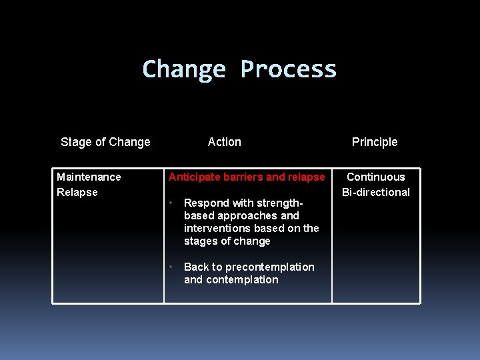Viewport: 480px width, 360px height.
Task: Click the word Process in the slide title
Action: click(288, 70)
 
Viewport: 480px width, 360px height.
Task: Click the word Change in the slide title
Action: click(184, 70)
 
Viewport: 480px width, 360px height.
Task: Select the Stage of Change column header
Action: click(105, 142)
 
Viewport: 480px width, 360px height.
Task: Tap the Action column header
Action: click(225, 142)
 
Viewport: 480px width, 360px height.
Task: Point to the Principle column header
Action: click(375, 142)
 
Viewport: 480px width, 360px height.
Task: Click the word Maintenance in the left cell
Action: click(89, 177)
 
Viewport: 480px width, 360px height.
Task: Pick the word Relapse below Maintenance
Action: click(77, 192)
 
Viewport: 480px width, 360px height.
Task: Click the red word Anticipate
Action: click(193, 177)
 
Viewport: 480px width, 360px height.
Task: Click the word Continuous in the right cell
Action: click(376, 177)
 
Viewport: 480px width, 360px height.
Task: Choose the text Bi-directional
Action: click(376, 192)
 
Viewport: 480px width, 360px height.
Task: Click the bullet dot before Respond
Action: click(171, 203)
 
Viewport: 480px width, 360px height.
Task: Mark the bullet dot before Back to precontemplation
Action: click(171, 267)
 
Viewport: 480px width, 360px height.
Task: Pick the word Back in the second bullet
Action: click(196, 267)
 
